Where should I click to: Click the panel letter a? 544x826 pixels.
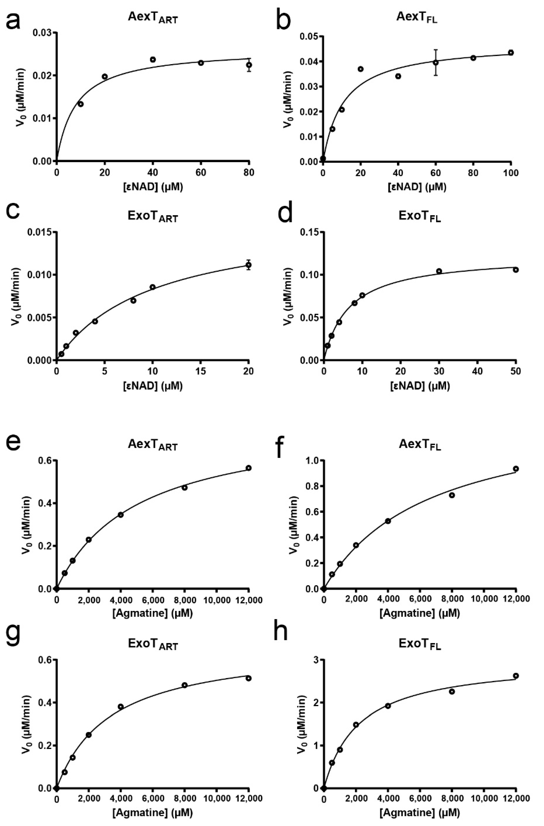coord(13,22)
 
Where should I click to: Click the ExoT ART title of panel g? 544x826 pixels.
coord(153,644)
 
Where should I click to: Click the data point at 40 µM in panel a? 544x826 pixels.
coord(153,59)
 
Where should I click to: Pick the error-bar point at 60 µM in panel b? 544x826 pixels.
coord(436,62)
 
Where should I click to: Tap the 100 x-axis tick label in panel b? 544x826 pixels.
coord(511,173)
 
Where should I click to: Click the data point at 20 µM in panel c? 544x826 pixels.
coord(248,265)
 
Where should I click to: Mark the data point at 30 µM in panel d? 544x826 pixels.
coord(439,271)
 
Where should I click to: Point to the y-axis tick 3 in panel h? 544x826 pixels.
coord(315,659)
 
